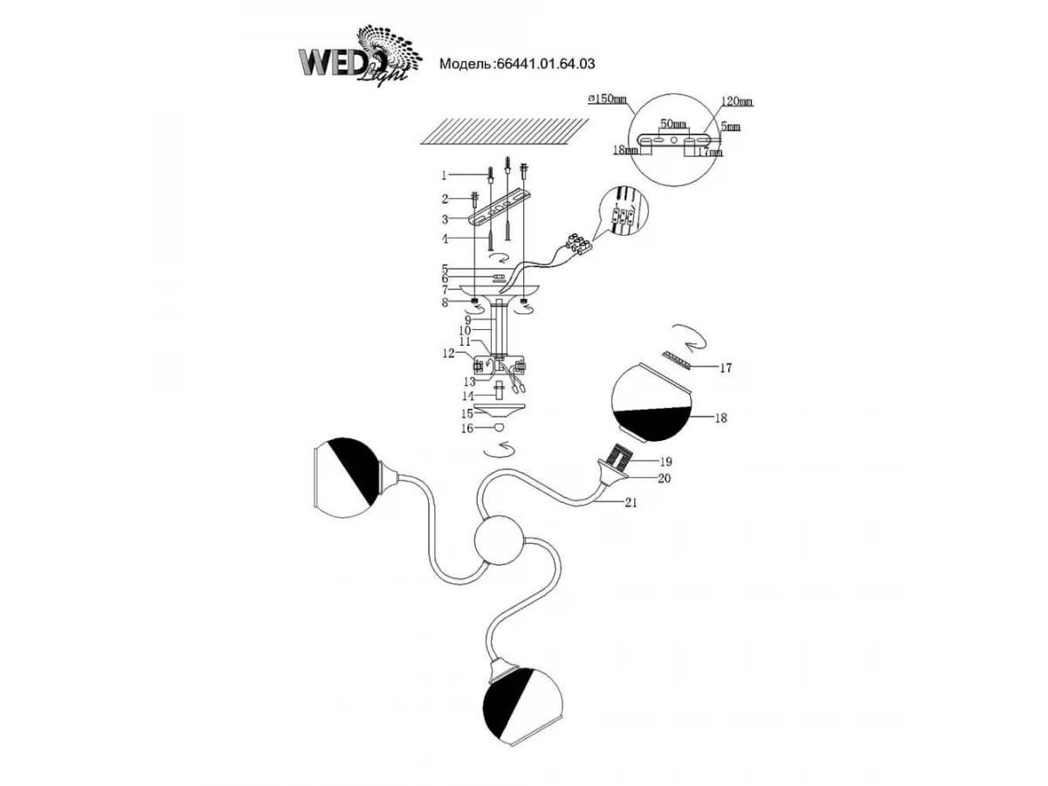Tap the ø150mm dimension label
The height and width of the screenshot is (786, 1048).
[x=609, y=100]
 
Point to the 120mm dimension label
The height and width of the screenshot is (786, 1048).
[x=737, y=102]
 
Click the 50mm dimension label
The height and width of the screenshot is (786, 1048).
[x=672, y=125]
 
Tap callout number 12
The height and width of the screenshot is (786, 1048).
[x=448, y=354]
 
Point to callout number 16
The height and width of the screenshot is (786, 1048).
[x=467, y=429]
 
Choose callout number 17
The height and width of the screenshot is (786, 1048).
[x=724, y=369]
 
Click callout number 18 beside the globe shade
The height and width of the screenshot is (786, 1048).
[x=720, y=418]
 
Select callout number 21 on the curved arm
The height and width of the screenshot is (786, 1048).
[x=631, y=503]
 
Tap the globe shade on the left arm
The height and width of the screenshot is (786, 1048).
[x=346, y=483]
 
